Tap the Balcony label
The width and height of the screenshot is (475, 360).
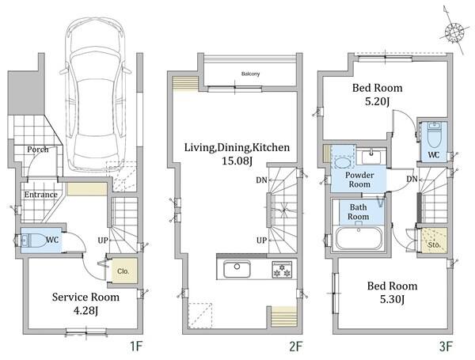(x=250, y=74)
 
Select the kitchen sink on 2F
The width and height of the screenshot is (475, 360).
(x=237, y=269)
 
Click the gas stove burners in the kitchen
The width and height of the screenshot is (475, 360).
(x=282, y=269)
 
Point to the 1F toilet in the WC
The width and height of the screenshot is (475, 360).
(x=33, y=241)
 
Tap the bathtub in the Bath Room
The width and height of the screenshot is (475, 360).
(x=359, y=238)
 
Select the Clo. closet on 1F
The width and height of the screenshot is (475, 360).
(x=123, y=271)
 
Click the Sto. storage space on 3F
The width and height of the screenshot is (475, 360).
(x=435, y=241)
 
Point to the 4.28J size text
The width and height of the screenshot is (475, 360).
(x=86, y=310)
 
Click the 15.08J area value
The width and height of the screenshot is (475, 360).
(x=237, y=161)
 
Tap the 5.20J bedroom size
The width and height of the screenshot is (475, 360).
(x=377, y=101)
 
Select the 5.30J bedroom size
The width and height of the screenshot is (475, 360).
(x=393, y=299)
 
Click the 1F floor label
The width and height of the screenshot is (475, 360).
(x=135, y=346)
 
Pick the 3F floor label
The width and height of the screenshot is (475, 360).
(x=446, y=346)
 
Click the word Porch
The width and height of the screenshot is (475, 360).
(x=37, y=150)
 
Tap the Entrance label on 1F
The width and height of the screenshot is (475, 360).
(x=41, y=195)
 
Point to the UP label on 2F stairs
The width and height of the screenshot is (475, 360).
(x=261, y=241)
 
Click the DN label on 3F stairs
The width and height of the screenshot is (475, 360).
(x=412, y=179)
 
